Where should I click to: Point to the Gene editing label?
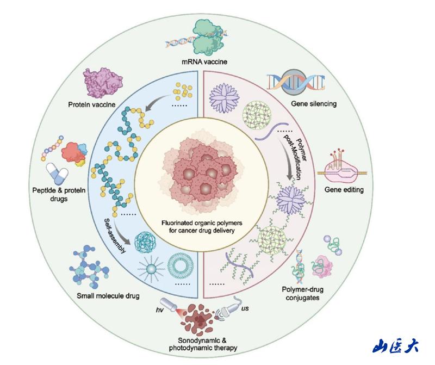344,190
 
